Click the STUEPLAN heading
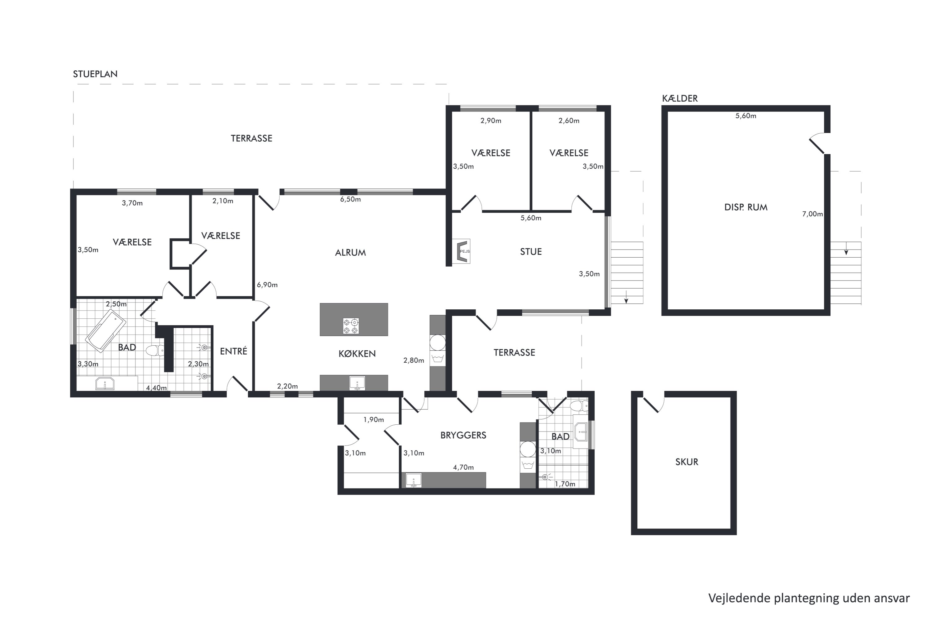click(x=95, y=74)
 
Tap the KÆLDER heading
click(x=680, y=99)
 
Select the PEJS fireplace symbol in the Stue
click(x=462, y=251)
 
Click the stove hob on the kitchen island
click(x=351, y=326)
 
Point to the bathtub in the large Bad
click(x=106, y=330)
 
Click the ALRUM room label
click(x=350, y=253)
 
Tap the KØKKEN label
click(x=357, y=353)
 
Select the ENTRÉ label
click(x=233, y=351)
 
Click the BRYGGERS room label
click(x=463, y=435)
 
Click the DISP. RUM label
click(x=746, y=207)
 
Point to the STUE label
click(x=531, y=251)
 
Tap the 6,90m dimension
click(x=267, y=285)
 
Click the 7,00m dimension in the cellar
click(x=813, y=214)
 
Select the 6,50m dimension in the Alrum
click(x=350, y=199)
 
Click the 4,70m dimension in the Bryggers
click(x=463, y=467)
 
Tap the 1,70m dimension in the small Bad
click(x=565, y=484)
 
